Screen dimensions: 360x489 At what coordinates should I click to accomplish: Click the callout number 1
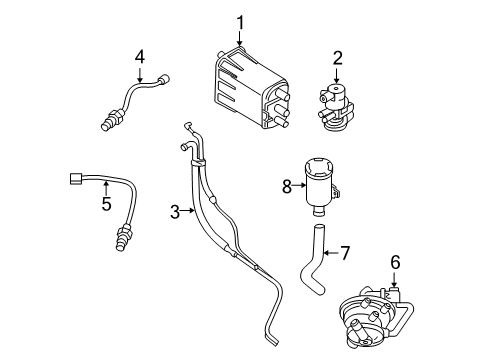pyautogui.click(x=239, y=21)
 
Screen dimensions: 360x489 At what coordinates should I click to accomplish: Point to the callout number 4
pyautogui.click(x=140, y=57)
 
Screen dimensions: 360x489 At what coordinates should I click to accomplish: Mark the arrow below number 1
pyautogui.click(x=239, y=40)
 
